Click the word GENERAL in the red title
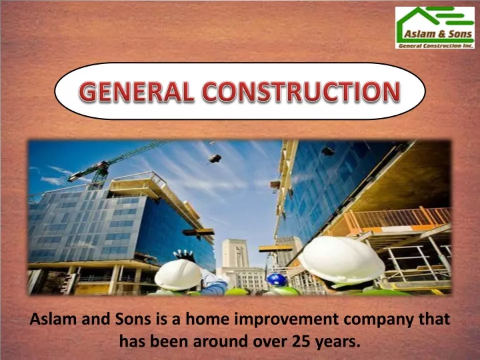(x=136, y=91)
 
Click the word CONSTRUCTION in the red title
(x=301, y=91)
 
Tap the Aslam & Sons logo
(x=435, y=27)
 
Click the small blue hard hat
(x=276, y=280)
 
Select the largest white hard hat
(x=341, y=259)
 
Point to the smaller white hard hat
(x=178, y=275)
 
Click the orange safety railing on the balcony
(x=398, y=219)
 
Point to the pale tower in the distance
(x=235, y=253)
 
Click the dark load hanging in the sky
(x=215, y=158)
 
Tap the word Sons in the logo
(x=460, y=34)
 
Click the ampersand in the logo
(x=441, y=34)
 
